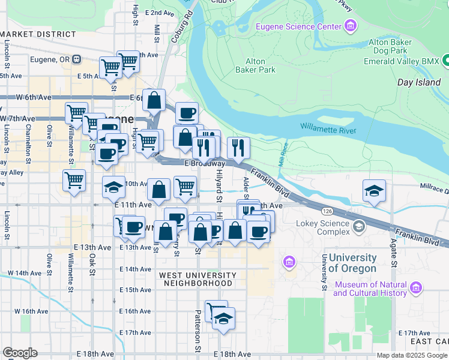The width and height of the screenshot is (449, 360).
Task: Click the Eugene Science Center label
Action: coord(298,26)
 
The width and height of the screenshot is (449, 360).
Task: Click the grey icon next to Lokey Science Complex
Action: coord(359,226)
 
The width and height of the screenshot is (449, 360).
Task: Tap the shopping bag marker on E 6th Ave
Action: coord(154,101)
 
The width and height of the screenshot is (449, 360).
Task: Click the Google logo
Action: coord(20,353)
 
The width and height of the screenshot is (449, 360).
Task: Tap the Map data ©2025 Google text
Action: coord(412,355)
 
